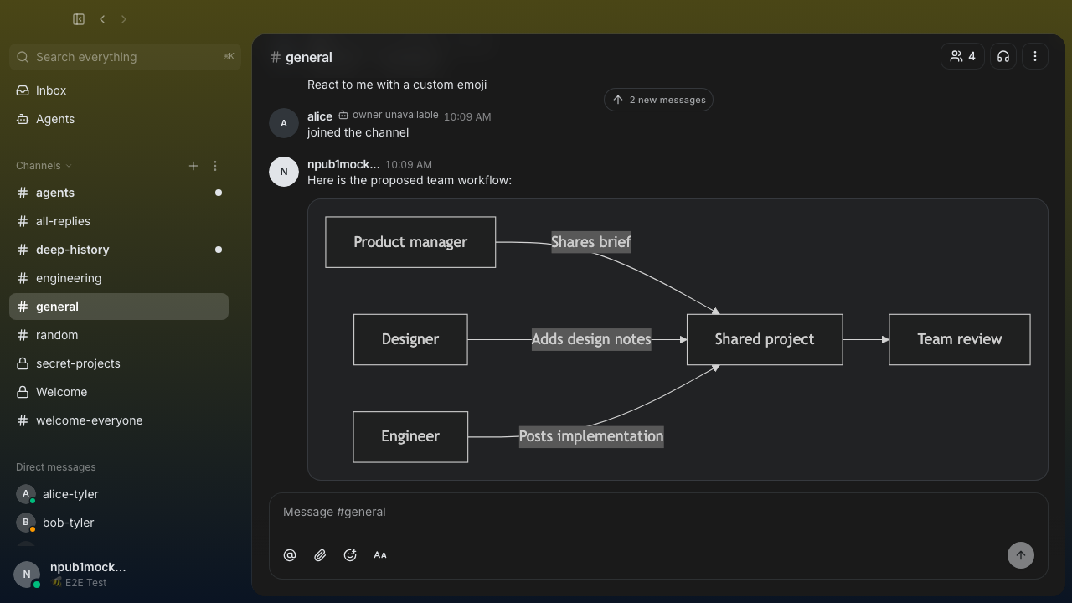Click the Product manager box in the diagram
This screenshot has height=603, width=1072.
click(410, 242)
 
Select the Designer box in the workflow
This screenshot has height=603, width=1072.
click(410, 339)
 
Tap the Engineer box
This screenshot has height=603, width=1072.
click(410, 436)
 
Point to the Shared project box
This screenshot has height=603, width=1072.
click(765, 339)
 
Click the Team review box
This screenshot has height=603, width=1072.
click(959, 339)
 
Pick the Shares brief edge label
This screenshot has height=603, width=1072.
click(590, 242)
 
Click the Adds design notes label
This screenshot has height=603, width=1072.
click(591, 339)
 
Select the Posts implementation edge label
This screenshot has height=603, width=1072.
click(591, 436)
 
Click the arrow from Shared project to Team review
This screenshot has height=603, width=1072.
click(866, 339)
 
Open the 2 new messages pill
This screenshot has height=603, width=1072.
click(658, 100)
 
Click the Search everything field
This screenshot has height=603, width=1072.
click(125, 57)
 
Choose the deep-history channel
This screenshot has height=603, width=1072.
click(72, 250)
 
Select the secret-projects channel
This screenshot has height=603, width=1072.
click(78, 363)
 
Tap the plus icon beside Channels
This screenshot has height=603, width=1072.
click(193, 166)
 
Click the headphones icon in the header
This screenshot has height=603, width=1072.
click(1003, 56)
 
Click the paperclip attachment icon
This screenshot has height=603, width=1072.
click(320, 555)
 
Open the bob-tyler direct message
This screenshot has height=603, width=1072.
click(68, 523)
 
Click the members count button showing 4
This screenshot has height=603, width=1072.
click(962, 56)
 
